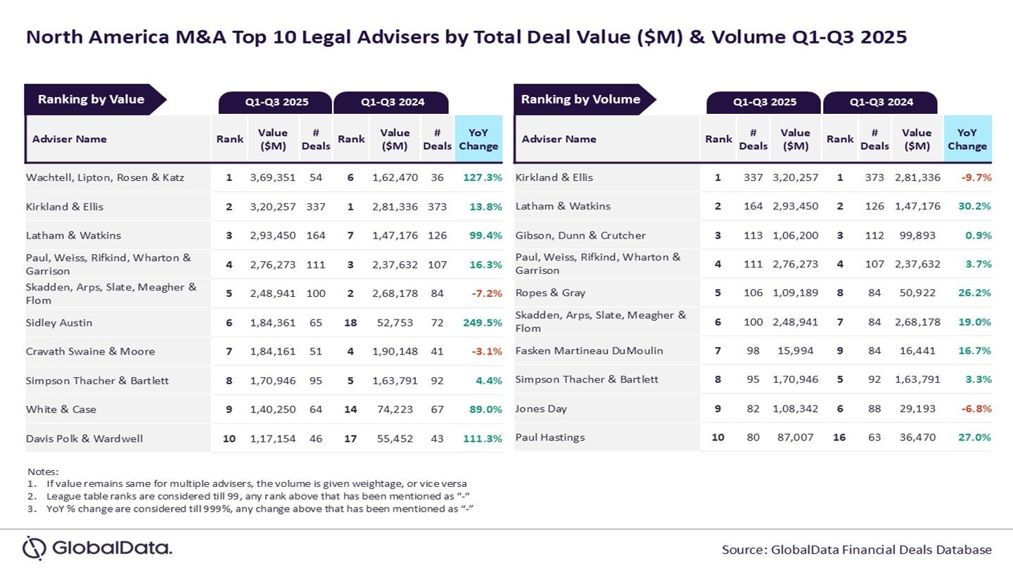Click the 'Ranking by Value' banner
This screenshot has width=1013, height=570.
tap(91, 99)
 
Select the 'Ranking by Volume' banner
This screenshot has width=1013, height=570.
tap(580, 99)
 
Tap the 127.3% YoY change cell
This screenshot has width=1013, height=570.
tap(482, 177)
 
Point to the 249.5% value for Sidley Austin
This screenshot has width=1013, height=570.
tap(482, 323)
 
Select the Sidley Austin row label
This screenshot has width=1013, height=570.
tap(59, 323)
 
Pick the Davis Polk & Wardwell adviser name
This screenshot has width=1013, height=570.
tap(84, 438)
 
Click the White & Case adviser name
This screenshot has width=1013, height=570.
tap(61, 410)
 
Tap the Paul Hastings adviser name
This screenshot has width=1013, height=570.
tap(550, 437)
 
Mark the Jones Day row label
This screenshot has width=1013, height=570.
tap(541, 408)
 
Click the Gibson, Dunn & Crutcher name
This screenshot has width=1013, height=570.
tap(580, 235)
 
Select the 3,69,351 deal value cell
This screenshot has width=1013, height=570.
tap(272, 177)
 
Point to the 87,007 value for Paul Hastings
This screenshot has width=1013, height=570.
tap(795, 437)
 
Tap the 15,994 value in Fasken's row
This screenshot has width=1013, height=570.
tap(795, 350)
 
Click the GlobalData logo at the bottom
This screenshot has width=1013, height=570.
tap(97, 548)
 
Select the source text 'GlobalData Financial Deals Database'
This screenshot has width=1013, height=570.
tap(881, 550)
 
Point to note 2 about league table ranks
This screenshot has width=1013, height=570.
tap(257, 496)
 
